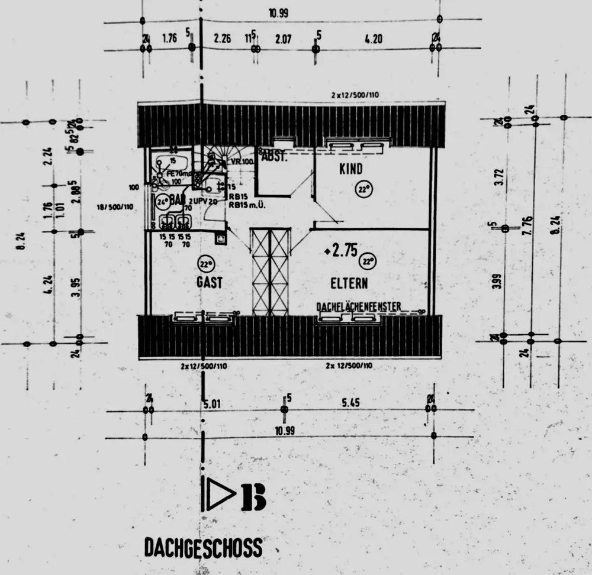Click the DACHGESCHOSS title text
pyautogui.click(x=203, y=547)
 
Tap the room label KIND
pyautogui.click(x=350, y=169)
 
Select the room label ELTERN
pyautogui.click(x=349, y=283)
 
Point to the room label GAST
pyautogui.click(x=210, y=283)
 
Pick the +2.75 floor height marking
pyautogui.click(x=341, y=251)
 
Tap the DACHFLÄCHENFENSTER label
pyautogui.click(x=359, y=306)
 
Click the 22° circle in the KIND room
pyautogui.click(x=363, y=190)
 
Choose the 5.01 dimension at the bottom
pyautogui.click(x=211, y=405)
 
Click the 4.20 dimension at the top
pyautogui.click(x=373, y=40)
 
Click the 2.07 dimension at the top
pyautogui.click(x=284, y=40)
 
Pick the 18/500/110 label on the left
pyautogui.click(x=114, y=207)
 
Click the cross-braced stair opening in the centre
pyautogui.click(x=271, y=272)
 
